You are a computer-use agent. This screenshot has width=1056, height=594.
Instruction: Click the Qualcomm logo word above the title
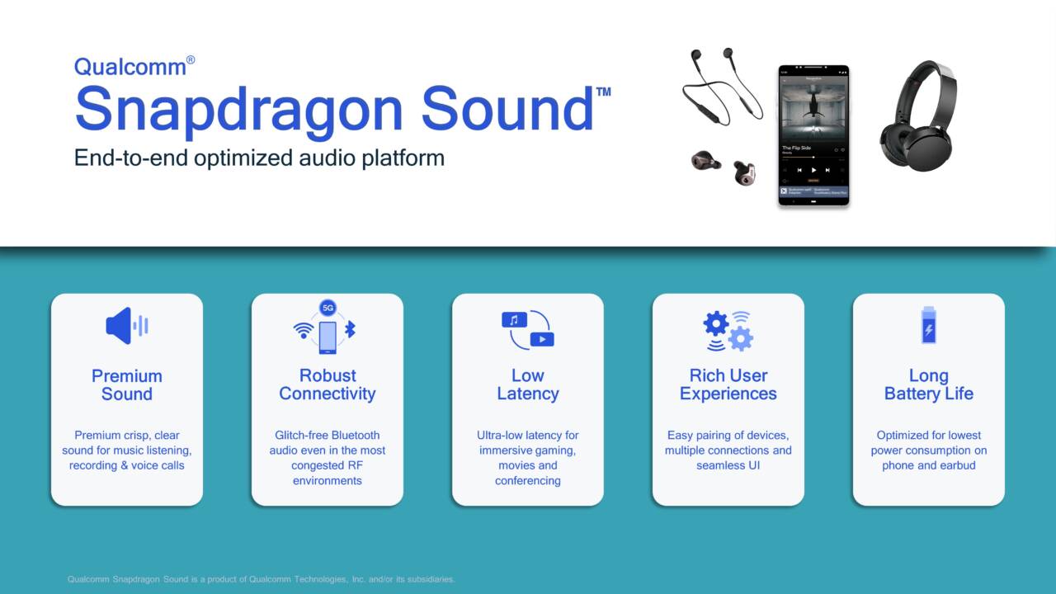(130, 67)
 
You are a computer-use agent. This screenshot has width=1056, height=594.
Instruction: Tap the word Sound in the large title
(507, 110)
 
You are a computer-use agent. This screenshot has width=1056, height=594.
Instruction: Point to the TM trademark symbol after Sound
(603, 92)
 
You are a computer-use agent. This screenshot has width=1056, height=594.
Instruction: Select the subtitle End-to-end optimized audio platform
(259, 158)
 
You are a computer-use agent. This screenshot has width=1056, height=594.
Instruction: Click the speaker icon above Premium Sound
(126, 326)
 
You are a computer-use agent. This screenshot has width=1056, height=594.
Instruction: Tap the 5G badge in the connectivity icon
(328, 309)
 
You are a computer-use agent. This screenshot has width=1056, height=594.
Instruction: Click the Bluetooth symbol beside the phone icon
(350, 330)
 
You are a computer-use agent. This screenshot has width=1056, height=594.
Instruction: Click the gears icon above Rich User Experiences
(728, 330)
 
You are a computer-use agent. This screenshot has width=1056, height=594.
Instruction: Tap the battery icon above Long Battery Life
(928, 325)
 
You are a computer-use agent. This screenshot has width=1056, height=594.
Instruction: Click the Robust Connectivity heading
(328, 385)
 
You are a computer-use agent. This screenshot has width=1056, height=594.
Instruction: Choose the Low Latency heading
(527, 385)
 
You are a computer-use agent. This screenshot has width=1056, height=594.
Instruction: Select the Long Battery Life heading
(928, 385)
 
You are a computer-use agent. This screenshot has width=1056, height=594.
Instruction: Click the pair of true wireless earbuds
(724, 166)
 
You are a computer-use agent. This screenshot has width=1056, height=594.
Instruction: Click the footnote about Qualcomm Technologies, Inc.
(261, 579)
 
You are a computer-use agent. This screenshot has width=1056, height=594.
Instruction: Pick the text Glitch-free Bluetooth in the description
(328, 436)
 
